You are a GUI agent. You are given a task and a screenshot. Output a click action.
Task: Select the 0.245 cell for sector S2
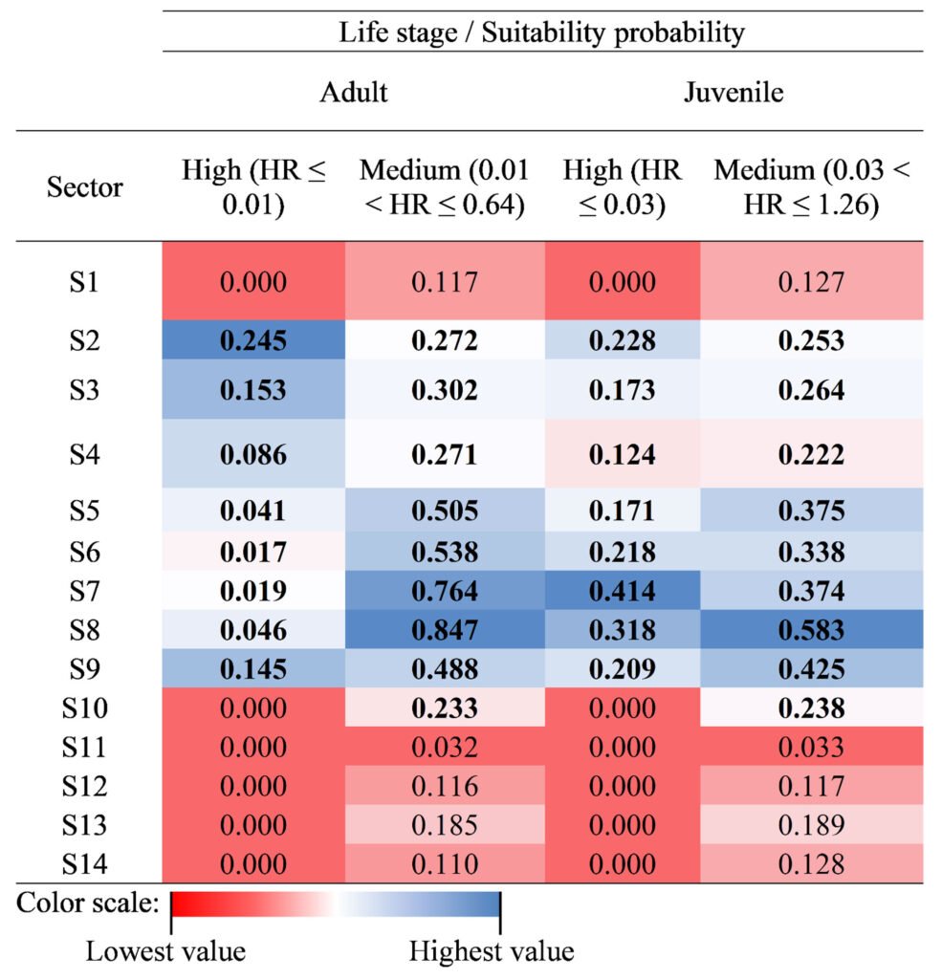point(253,339)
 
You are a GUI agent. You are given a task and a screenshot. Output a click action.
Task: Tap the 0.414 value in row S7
point(622,591)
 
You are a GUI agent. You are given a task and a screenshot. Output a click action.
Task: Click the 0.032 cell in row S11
point(445,747)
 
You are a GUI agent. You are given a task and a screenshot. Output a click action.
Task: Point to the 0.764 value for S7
point(445,591)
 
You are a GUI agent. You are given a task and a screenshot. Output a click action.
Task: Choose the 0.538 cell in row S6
point(445,552)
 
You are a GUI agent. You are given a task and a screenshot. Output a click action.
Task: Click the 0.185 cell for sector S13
point(445,824)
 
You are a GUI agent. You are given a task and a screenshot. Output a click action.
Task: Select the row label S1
point(85,282)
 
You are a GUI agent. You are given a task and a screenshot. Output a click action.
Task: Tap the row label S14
point(85,864)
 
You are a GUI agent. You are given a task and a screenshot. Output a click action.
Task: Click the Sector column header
point(85,186)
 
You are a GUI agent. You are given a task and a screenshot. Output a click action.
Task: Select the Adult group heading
point(354,92)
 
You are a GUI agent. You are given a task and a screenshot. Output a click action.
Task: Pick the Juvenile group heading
point(734,92)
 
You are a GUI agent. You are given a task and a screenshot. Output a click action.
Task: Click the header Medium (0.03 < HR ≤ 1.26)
point(811,187)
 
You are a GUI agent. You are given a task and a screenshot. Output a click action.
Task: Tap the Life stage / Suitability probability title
point(541,33)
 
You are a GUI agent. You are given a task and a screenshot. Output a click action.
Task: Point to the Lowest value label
point(166,951)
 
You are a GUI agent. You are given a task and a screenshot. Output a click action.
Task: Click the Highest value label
point(492,951)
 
